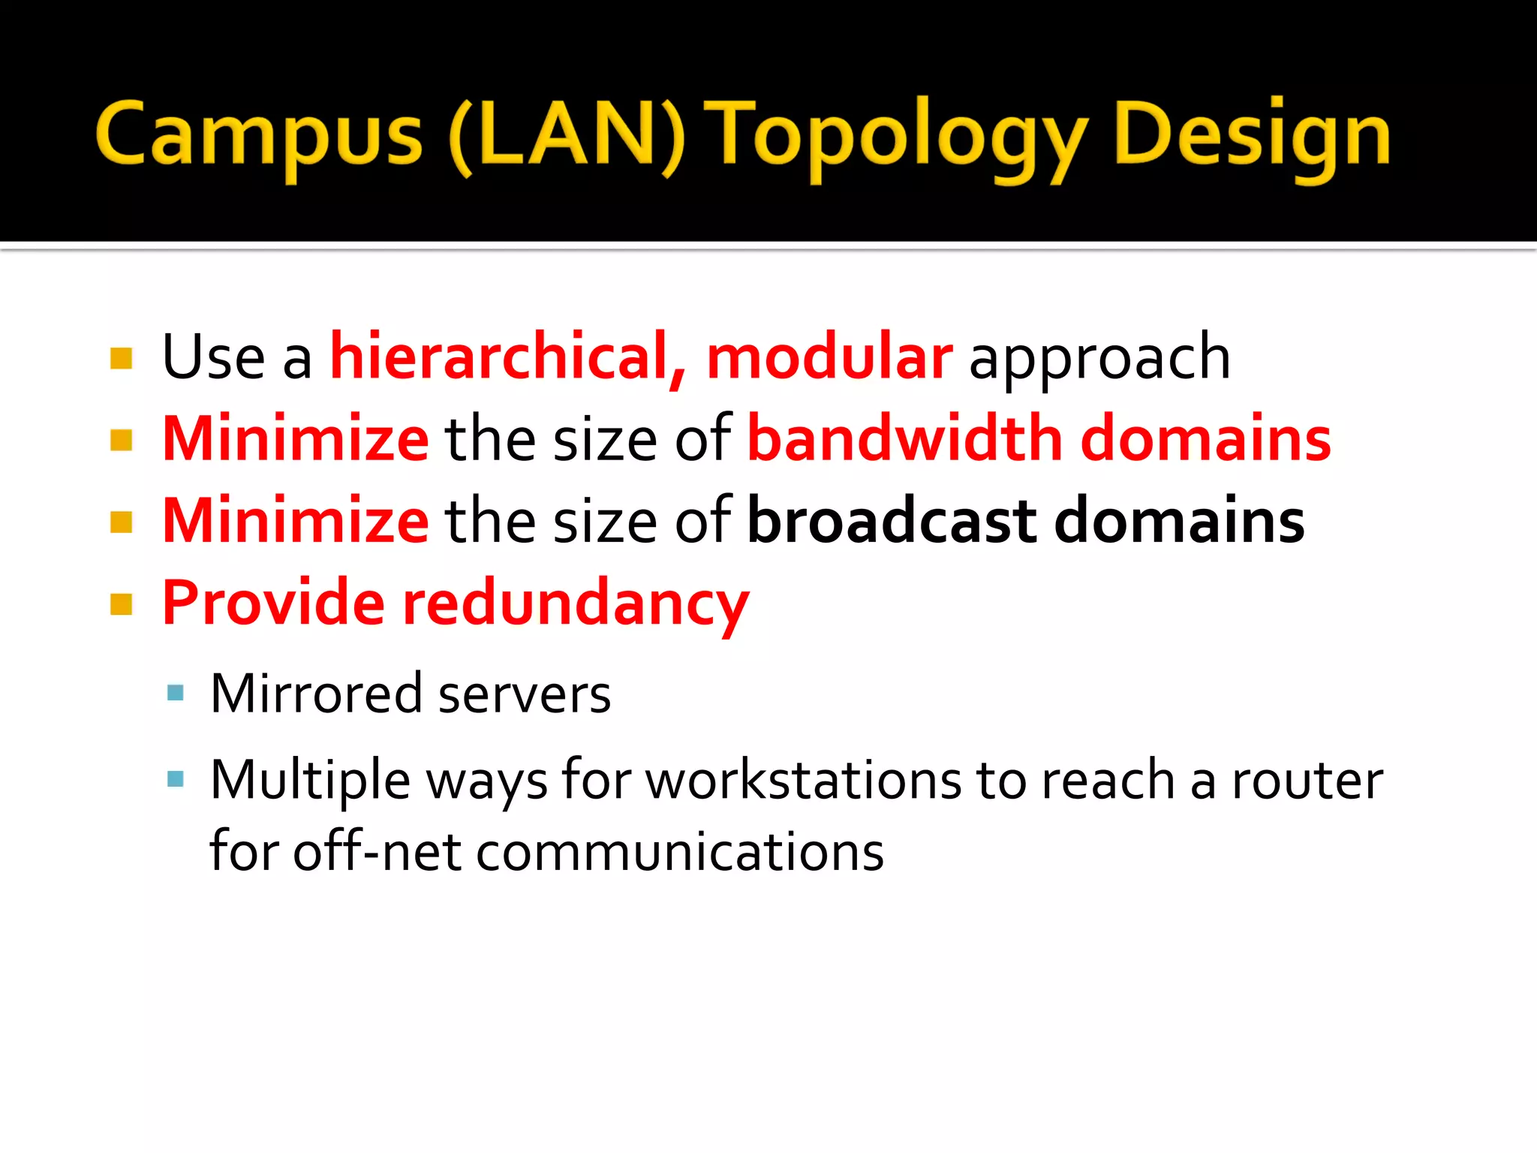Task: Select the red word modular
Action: pos(829,357)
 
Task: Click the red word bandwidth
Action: pos(905,438)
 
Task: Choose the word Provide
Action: pos(273,602)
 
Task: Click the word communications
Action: pos(680,853)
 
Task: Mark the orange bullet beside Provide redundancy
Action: pos(121,604)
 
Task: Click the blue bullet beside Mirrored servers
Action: pos(176,693)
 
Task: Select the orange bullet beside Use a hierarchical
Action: pos(121,358)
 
